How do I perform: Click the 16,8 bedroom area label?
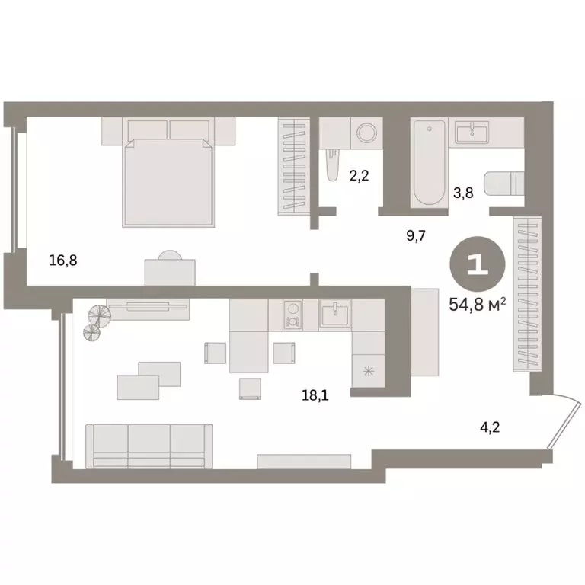coord(62,261)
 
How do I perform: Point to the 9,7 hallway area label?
coord(415,235)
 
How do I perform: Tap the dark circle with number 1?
coord(477,264)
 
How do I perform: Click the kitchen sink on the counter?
coord(334,313)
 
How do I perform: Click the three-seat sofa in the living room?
coord(146,445)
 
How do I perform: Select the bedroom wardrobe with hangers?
coord(292,165)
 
